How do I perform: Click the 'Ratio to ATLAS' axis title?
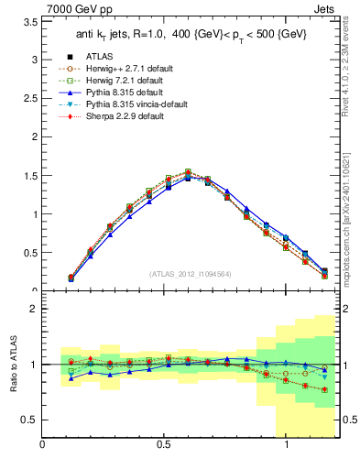point(12,365)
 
